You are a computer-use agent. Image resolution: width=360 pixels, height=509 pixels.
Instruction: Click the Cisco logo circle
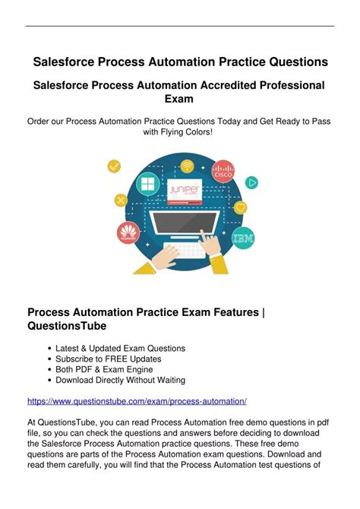(224, 172)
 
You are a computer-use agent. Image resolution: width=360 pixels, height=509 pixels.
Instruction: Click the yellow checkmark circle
(115, 166)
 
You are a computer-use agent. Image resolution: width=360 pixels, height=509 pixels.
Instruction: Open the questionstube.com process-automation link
(137, 400)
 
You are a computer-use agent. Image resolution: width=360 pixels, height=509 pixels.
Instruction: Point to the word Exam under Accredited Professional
(180, 99)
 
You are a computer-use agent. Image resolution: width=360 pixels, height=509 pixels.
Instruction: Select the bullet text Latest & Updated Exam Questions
(120, 348)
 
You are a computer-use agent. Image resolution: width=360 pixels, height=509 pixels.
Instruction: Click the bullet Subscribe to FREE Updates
(109, 359)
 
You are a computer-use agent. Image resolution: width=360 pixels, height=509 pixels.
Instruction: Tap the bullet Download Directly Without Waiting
(120, 380)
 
